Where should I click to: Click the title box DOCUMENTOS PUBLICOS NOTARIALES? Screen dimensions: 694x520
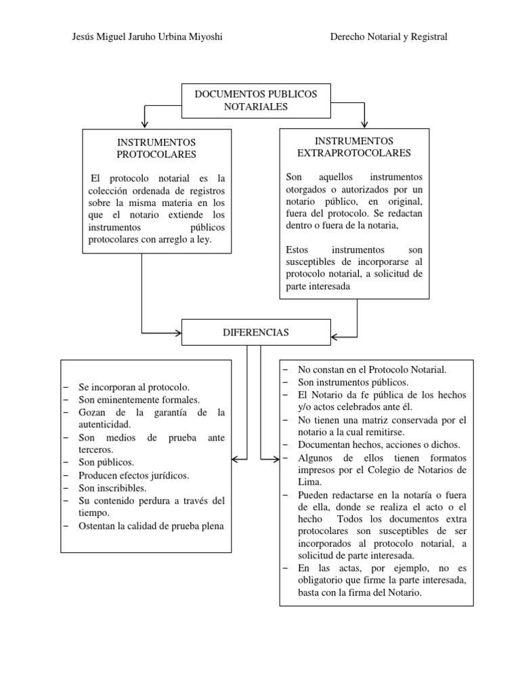255,100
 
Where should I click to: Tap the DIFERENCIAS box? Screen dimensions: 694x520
255,333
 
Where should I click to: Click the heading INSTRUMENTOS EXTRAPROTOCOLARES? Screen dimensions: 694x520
353,147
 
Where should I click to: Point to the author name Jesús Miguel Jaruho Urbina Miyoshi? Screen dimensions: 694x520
147,37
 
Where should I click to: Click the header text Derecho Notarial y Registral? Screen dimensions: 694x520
388,37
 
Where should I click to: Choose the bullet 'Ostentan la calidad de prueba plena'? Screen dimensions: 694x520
151,526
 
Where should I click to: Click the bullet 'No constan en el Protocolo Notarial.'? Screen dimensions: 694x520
372,369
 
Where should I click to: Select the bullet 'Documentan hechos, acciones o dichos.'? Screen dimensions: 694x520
378,445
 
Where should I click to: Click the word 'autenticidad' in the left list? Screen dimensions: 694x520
105,425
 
